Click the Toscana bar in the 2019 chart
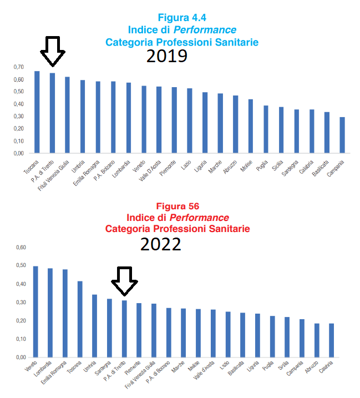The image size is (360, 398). pyautogui.click(x=37, y=112)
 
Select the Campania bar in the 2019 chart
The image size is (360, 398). pyautogui.click(x=342, y=134)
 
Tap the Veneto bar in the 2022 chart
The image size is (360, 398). pyautogui.click(x=36, y=311)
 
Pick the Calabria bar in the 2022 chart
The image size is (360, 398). pyautogui.click(x=332, y=340)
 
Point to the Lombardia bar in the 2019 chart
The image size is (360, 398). pyautogui.click(x=129, y=117)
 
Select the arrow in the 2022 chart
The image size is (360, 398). pyautogui.click(x=124, y=281)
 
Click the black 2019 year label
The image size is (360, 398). pyautogui.click(x=166, y=56)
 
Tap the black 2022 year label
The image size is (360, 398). pyautogui.click(x=160, y=244)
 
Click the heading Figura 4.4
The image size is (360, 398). pyautogui.click(x=182, y=17)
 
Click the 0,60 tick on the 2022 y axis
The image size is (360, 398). pyautogui.click(x=19, y=247)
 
